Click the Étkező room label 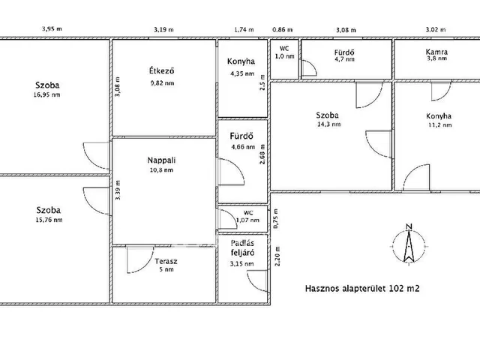coord(162,70)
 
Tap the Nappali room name coord(161,160)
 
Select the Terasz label coord(166,261)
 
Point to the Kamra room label coord(436,52)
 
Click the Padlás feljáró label coord(242,248)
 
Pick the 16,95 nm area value coord(46,94)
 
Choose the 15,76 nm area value coord(49,220)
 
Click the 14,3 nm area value coord(328,124)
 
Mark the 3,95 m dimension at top coord(52,28)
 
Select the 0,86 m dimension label coord(282,30)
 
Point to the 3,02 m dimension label coord(436,30)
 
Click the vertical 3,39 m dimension coord(118,190)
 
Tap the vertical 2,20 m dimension coord(277,256)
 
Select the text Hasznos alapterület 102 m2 coord(362,288)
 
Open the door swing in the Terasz coord(140,259)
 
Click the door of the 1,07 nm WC coord(227,219)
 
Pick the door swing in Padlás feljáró coord(257,281)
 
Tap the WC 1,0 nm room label coord(284,52)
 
